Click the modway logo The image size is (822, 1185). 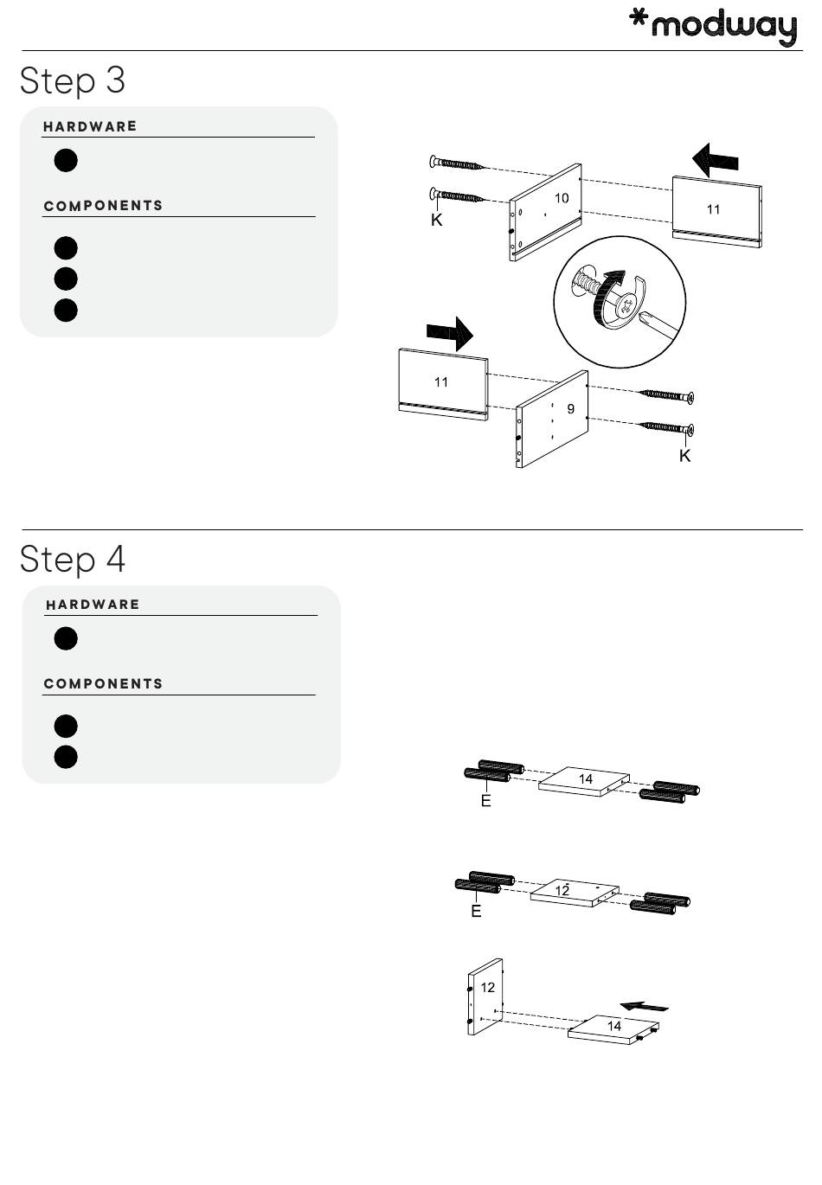point(712,25)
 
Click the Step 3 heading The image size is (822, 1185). point(73,80)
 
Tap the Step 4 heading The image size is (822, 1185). point(73,559)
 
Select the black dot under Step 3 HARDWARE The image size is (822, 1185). point(66,161)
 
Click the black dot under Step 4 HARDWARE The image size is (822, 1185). point(66,639)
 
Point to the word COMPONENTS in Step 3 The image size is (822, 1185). point(103,206)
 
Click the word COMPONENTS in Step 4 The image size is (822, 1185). point(103,684)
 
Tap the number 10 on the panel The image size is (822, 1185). point(562,198)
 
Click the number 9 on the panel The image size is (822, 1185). point(571,408)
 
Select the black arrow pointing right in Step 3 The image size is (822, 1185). point(450,332)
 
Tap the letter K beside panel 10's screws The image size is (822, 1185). point(437,221)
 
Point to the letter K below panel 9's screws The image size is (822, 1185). point(684,456)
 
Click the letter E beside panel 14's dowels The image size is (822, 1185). point(486,802)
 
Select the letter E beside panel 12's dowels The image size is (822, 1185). point(476,912)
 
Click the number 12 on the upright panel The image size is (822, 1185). point(488,987)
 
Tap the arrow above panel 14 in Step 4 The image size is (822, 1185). point(645,1006)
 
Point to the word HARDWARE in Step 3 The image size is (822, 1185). point(90,126)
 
